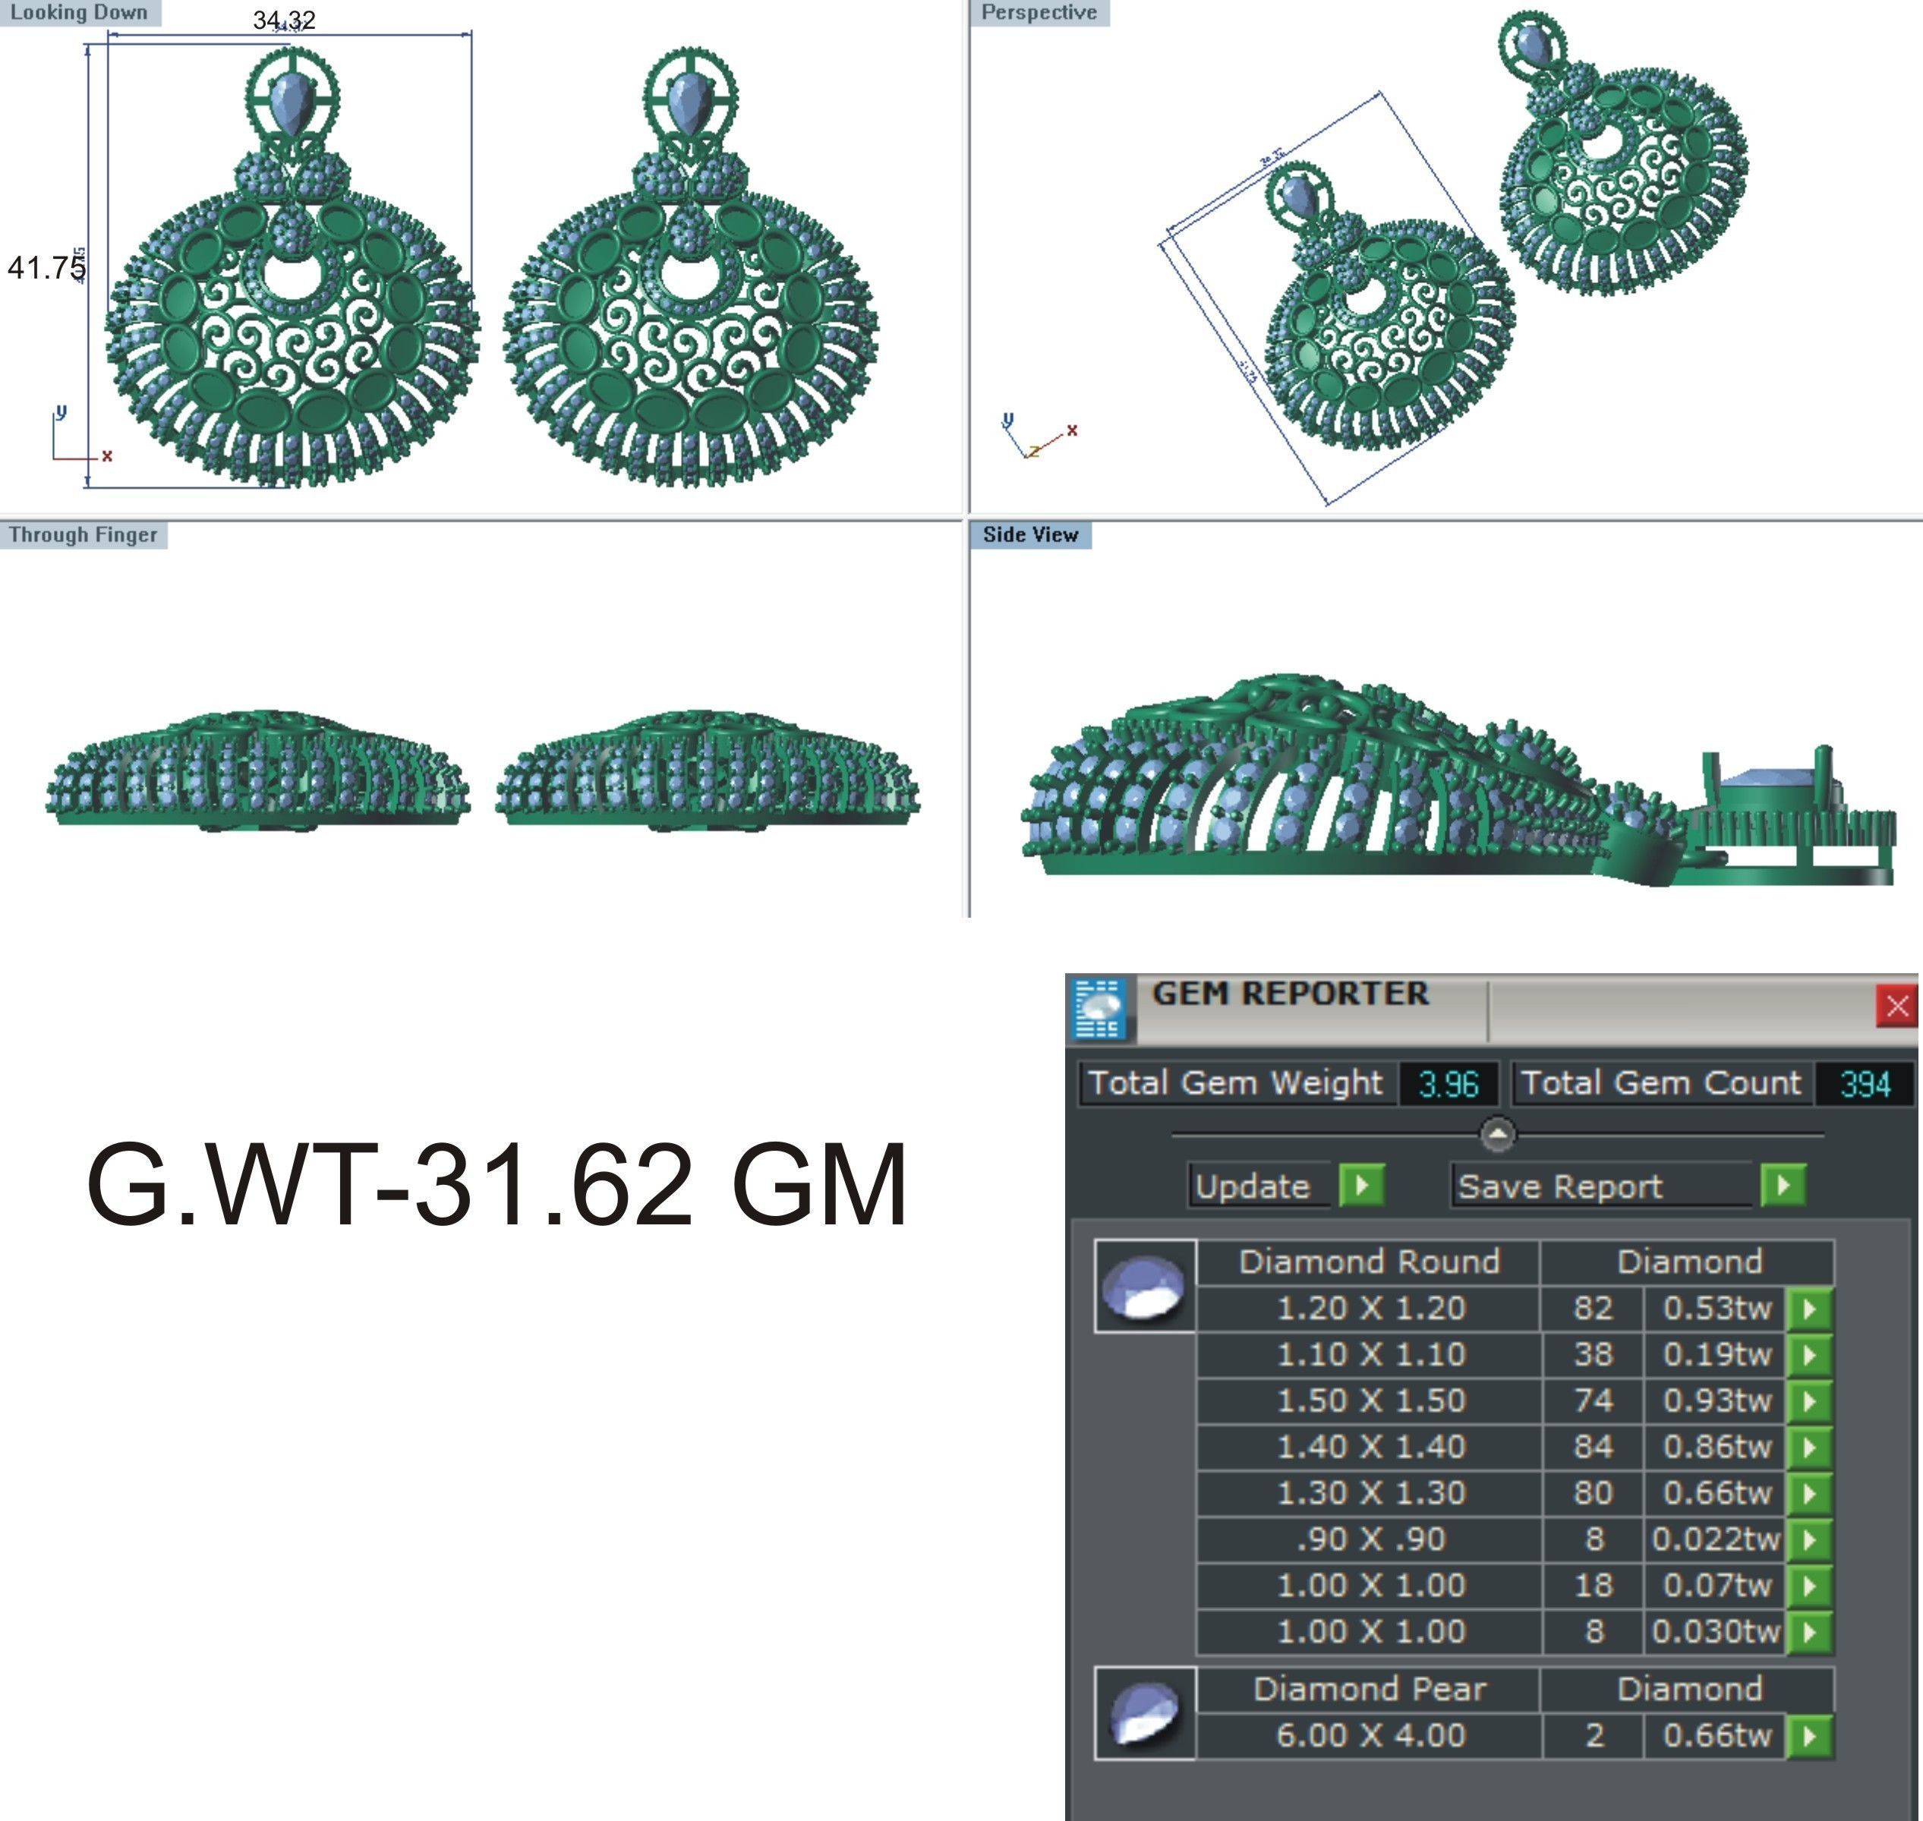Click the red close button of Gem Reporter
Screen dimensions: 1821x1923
click(x=1896, y=1006)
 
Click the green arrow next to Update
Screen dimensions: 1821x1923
click(x=1361, y=1185)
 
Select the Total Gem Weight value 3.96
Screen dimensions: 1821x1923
click(x=1447, y=1083)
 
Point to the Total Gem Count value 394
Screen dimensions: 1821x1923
click(x=1864, y=1083)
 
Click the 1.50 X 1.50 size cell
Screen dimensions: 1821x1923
click(x=1370, y=1400)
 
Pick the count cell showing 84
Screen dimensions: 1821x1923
click(x=1592, y=1446)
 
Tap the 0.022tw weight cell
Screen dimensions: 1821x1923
click(x=1714, y=1539)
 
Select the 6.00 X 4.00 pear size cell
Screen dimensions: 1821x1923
click(x=1370, y=1734)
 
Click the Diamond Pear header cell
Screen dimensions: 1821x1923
click(x=1370, y=1689)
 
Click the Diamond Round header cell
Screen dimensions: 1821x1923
click(x=1370, y=1261)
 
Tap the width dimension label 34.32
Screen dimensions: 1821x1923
click(x=283, y=20)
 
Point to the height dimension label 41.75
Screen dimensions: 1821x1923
click(x=46, y=267)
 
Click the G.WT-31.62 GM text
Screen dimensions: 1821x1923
click(x=497, y=1185)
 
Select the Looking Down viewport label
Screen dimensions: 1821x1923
click(x=79, y=13)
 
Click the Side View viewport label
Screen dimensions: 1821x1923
click(x=1030, y=535)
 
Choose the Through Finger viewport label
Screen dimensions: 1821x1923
click(x=83, y=535)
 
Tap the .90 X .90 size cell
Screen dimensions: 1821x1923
click(x=1370, y=1539)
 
